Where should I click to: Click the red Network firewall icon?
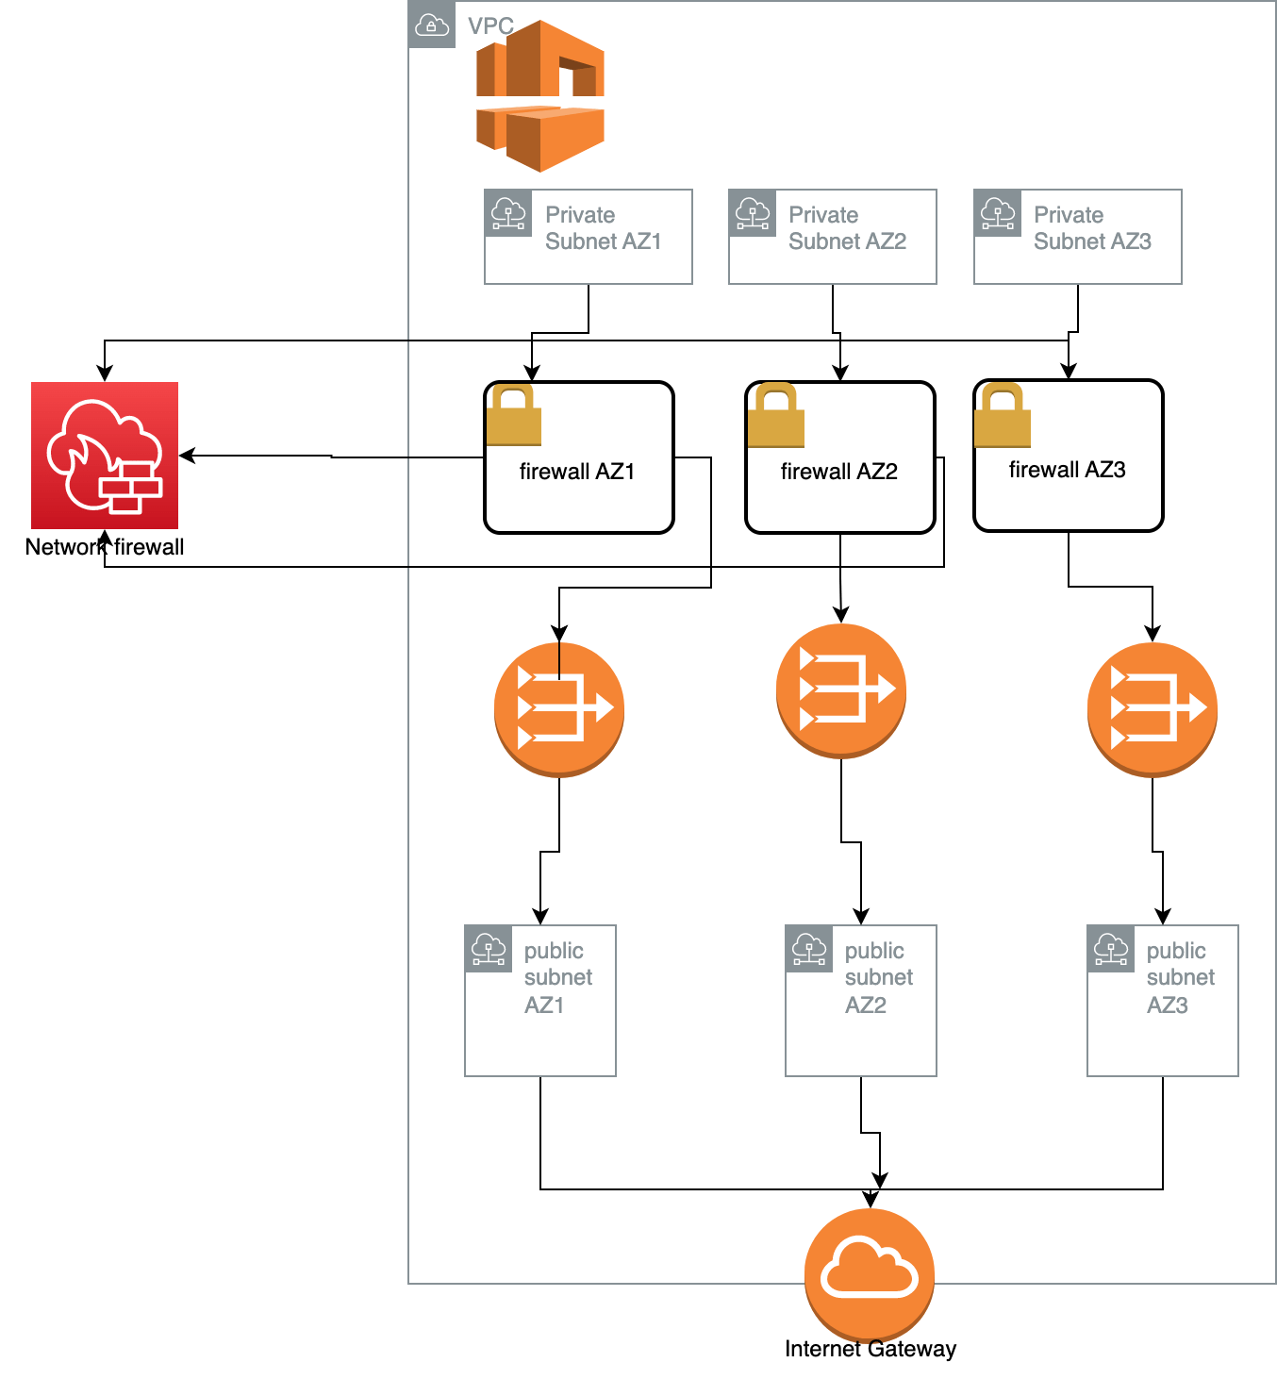pos(105,455)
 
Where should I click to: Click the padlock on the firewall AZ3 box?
pos(1002,415)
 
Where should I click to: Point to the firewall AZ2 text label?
pos(838,471)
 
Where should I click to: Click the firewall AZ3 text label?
pos(1067,469)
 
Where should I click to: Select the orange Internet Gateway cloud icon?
pos(869,1273)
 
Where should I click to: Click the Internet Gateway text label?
pos(870,1349)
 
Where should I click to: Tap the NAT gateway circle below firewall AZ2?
pos(840,689)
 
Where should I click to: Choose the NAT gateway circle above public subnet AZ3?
pos(1152,707)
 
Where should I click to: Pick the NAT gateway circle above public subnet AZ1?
pos(558,707)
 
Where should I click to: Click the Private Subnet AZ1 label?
pos(603,228)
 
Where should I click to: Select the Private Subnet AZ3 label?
pos(1091,228)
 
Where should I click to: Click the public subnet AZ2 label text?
pos(878,977)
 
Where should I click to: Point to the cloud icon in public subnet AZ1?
pos(489,949)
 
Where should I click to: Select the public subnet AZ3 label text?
pos(1180,977)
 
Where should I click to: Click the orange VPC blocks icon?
pos(539,95)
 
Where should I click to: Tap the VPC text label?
pos(490,25)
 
